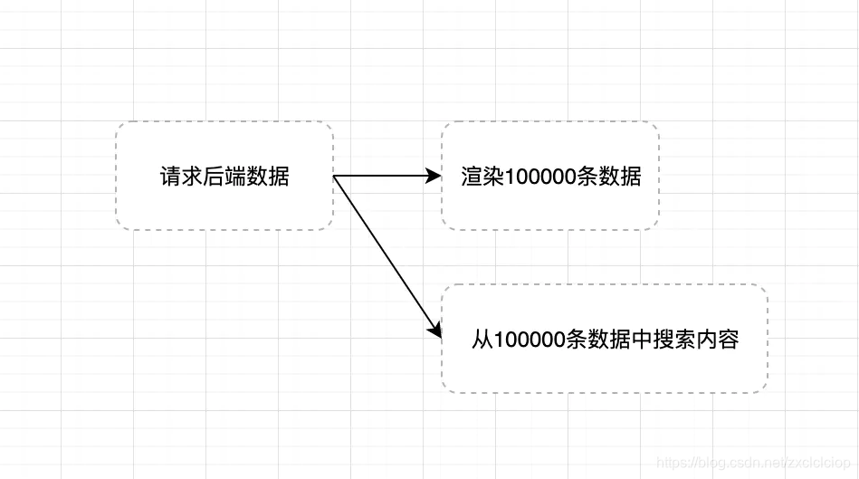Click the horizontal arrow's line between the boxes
pos(380,177)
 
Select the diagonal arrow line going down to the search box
pos(385,253)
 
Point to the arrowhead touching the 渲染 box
pos(433,177)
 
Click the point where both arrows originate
pos(334,177)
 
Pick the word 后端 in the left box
pos(224,177)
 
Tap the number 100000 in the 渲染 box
pos(540,177)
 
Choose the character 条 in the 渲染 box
pos(587,177)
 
